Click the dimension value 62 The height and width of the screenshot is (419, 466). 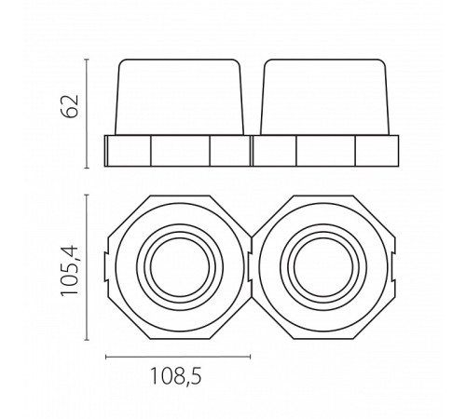click(70, 106)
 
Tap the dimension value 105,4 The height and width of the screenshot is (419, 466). click(70, 270)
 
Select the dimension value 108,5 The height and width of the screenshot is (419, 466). click(176, 376)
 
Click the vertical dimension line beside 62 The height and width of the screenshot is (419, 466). click(87, 114)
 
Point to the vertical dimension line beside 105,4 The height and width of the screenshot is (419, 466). click(87, 267)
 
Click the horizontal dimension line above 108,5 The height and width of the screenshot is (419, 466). click(178, 357)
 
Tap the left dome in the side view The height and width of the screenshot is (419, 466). click(179, 97)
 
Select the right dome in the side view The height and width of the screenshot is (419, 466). click(325, 97)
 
